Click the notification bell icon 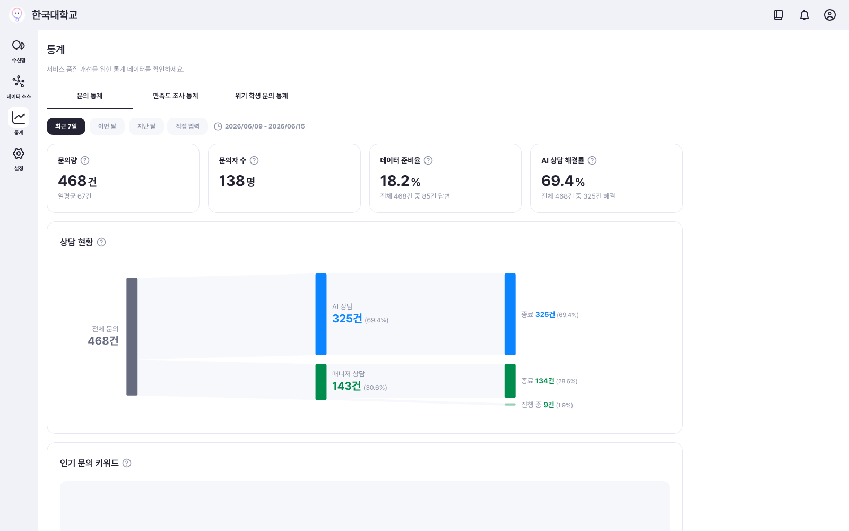coord(804,15)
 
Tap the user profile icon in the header coord(830,15)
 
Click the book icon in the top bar coord(778,15)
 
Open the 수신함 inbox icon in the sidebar coord(18,46)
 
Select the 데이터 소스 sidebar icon coord(18,81)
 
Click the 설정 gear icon coord(18,153)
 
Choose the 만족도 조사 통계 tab coord(176,96)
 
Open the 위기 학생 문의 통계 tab coord(262,96)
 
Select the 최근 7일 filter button coord(66,126)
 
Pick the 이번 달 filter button coord(107,126)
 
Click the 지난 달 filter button coord(146,126)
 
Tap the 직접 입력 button coord(188,126)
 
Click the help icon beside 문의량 coord(85,160)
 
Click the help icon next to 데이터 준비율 coord(428,160)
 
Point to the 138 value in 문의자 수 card coord(231,181)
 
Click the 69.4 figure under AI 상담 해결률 coord(557,181)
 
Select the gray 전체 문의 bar coord(132,337)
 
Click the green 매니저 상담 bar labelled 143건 coord(321,382)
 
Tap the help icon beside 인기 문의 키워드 coord(127,463)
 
